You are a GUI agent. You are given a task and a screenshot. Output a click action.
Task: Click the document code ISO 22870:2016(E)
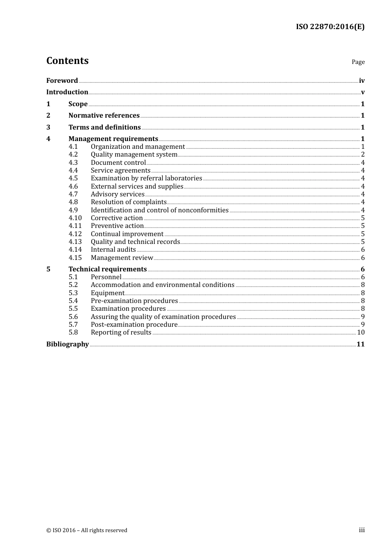coord(330,27)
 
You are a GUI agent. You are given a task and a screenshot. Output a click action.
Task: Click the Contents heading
coord(67,61)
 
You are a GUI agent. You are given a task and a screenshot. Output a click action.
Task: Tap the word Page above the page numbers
coord(358,62)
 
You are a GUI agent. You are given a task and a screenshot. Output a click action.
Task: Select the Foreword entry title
coord(62,81)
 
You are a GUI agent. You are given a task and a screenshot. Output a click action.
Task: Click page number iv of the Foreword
coord(362,81)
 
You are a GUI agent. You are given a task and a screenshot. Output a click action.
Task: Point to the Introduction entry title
coord(67,92)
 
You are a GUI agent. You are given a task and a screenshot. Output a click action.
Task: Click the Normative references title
coord(104,116)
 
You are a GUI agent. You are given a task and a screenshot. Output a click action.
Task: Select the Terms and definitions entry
coord(104,128)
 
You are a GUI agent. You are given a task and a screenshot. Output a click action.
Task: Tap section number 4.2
coord(73,155)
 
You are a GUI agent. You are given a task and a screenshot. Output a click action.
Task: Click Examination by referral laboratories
coord(146,178)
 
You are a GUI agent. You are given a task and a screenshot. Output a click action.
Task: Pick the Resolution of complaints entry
coord(129,202)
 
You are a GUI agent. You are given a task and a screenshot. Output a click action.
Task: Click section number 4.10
coord(75,218)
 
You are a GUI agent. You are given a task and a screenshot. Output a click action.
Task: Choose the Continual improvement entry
coord(127,234)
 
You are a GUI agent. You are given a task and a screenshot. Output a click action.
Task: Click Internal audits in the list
coord(113,250)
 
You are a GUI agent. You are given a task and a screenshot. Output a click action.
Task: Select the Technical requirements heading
coord(107,269)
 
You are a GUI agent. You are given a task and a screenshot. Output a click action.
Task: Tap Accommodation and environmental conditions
coord(163,285)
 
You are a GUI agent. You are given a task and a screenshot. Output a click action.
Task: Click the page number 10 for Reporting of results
coord(361,332)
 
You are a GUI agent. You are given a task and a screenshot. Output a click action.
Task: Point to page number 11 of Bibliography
coord(360,344)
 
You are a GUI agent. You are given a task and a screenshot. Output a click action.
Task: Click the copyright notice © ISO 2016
coord(86,531)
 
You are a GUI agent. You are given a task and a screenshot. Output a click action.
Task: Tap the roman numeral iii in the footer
coord(362,530)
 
